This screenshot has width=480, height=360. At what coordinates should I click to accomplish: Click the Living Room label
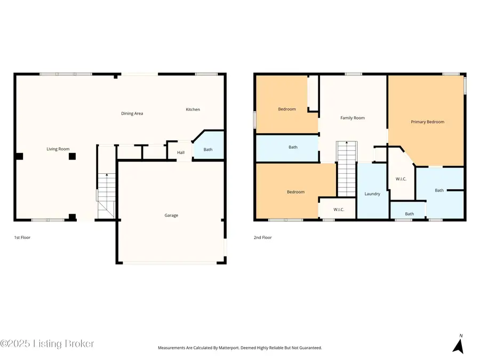click(58, 149)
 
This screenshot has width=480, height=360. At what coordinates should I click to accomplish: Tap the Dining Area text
click(132, 113)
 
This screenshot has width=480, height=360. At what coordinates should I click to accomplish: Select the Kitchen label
click(193, 109)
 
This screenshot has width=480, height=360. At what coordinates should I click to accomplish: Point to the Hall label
click(181, 152)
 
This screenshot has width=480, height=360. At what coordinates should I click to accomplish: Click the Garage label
click(171, 215)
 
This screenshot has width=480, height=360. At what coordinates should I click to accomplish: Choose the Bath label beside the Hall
click(208, 149)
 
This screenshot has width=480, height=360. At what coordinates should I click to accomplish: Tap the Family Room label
click(353, 118)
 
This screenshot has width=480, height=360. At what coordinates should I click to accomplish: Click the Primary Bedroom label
click(427, 122)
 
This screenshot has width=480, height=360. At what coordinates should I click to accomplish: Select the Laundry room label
click(372, 194)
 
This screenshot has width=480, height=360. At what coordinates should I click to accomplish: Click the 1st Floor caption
click(22, 237)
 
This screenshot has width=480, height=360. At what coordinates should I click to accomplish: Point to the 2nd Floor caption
click(262, 237)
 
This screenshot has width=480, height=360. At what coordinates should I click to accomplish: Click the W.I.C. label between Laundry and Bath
click(402, 179)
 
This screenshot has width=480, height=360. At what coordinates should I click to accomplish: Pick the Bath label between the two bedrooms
click(293, 147)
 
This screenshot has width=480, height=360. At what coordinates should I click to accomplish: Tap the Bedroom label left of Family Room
click(286, 109)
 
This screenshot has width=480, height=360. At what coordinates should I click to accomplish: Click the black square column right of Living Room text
click(73, 156)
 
